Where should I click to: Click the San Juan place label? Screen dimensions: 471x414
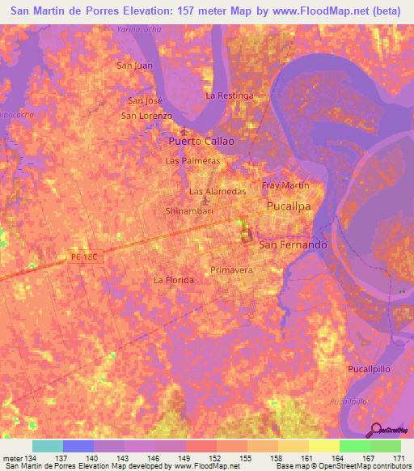(x=135, y=66)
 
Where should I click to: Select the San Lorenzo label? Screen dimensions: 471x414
(x=147, y=116)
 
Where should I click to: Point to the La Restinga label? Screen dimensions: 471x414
(x=230, y=95)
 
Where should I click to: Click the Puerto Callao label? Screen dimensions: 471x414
(x=201, y=141)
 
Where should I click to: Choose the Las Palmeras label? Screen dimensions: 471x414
(x=192, y=161)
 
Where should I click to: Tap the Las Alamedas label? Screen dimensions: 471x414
(x=217, y=192)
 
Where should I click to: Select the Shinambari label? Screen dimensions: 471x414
(x=188, y=210)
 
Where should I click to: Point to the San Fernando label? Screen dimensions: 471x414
(x=292, y=244)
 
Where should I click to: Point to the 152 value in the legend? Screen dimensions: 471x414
(x=216, y=458)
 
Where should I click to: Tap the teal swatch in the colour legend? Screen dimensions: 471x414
(x=48, y=446)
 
